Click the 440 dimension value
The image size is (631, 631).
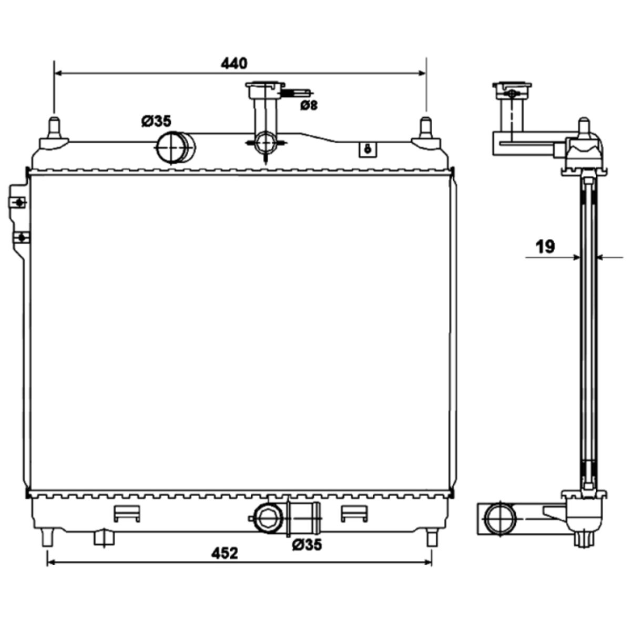point(234,63)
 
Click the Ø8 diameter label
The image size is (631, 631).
point(309,105)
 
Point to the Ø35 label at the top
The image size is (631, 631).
point(156,121)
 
